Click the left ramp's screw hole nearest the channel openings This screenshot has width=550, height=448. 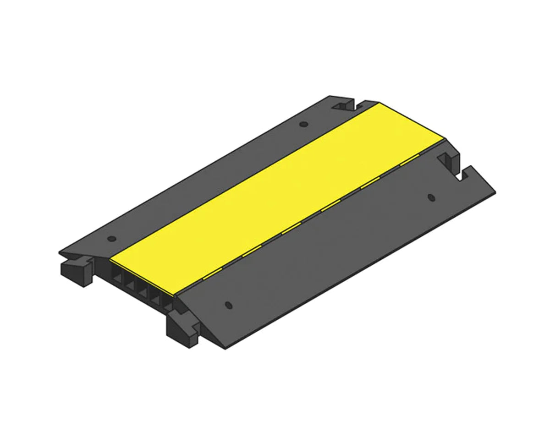(x=110, y=239)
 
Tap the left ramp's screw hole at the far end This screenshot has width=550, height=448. (x=302, y=124)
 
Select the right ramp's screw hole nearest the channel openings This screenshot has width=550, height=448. (x=228, y=305)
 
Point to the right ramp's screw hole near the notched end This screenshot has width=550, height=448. (x=430, y=197)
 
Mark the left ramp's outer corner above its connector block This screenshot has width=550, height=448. (x=60, y=253)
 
